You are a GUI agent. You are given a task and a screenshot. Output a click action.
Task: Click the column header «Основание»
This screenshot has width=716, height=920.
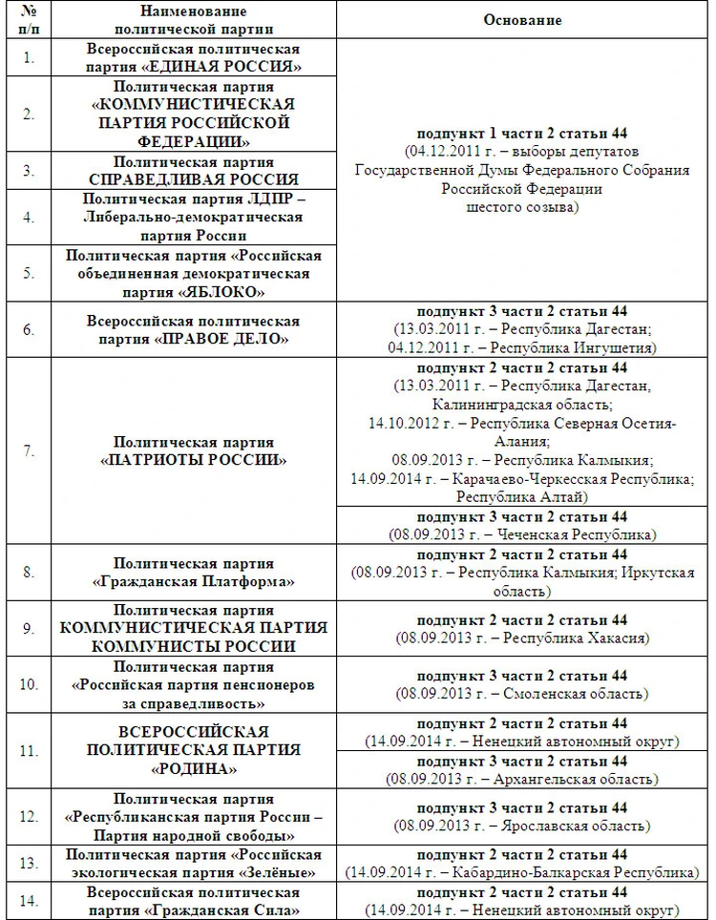tap(522, 20)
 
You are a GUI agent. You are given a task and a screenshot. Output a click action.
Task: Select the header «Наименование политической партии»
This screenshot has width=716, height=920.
tap(193, 20)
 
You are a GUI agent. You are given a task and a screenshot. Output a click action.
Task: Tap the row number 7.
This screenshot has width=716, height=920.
tap(30, 450)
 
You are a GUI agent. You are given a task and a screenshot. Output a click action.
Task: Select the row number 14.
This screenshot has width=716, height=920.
tap(30, 901)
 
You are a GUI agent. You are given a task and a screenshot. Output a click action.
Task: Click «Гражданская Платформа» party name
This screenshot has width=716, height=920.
tap(193, 581)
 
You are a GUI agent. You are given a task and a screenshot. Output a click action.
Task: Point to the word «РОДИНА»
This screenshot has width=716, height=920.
tap(193, 769)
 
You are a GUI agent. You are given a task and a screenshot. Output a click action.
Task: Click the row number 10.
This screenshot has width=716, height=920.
tap(30, 684)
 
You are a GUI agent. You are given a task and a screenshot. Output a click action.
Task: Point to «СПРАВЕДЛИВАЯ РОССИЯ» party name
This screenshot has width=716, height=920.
tap(193, 179)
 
